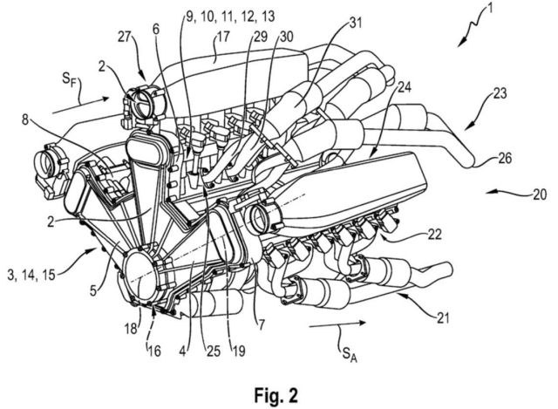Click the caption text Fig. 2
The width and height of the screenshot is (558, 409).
(x=276, y=395)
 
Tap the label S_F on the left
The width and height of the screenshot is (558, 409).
(x=70, y=79)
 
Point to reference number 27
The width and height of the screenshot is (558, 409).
(x=124, y=37)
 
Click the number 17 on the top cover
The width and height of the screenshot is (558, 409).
(x=223, y=37)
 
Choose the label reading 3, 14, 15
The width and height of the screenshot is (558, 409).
(x=31, y=274)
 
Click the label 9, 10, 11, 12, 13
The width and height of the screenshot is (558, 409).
(x=230, y=16)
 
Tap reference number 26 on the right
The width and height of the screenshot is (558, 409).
(x=504, y=158)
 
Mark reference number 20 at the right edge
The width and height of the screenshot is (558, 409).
(x=540, y=194)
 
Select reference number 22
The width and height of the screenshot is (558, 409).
(x=434, y=234)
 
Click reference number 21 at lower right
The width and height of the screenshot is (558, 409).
(x=442, y=317)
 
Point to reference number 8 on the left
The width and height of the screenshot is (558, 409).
(x=25, y=119)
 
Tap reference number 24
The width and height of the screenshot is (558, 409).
(x=403, y=86)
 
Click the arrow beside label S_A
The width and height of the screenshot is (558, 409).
(x=337, y=324)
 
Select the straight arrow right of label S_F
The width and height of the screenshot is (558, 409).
(x=81, y=106)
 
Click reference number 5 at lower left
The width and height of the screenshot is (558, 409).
(x=93, y=290)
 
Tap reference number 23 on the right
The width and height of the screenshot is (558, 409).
(x=500, y=94)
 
